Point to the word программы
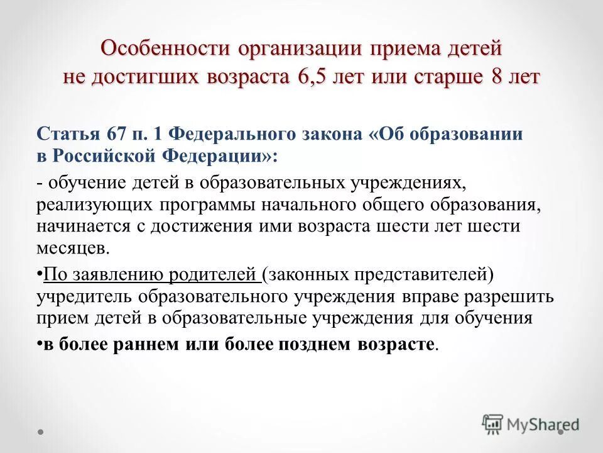coord(209,204)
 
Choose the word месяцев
coord(73,248)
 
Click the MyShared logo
coord(531,425)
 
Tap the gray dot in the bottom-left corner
coord(41,432)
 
